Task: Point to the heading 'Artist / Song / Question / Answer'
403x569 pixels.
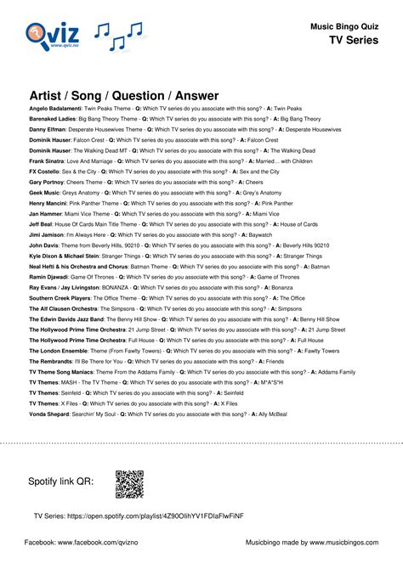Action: (124, 95)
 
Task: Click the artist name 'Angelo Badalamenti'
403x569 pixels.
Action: (59, 109)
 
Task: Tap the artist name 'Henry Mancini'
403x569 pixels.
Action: (50, 204)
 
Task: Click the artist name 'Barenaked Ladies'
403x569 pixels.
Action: (54, 120)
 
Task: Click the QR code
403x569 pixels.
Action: (129, 484)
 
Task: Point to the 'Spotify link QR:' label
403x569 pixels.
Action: (60, 483)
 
